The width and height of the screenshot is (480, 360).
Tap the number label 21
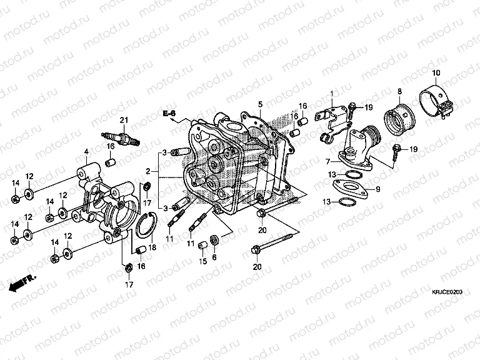click(124, 120)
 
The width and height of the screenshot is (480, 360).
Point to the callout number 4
click(86, 151)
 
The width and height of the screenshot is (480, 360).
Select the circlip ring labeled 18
click(146, 226)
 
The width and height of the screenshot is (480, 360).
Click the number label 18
click(152, 247)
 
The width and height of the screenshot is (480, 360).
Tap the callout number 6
click(214, 257)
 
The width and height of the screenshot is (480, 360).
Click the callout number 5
click(261, 103)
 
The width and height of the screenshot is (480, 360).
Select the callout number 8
click(399, 92)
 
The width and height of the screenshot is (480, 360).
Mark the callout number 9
click(377, 187)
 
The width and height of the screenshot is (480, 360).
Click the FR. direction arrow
click(24, 282)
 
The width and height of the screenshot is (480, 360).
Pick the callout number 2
click(148, 171)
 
